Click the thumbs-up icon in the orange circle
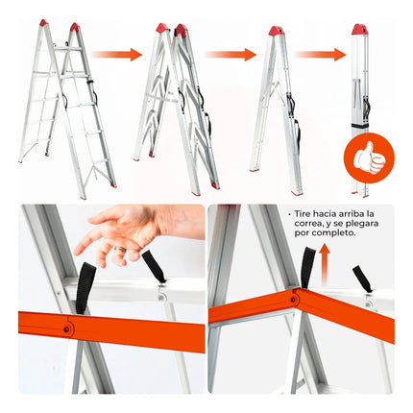[x=369, y=158]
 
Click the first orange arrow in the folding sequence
[x=117, y=55]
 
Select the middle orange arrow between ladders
[x=231, y=55]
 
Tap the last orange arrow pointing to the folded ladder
[x=321, y=55]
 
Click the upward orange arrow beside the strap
[x=325, y=264]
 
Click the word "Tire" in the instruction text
[x=303, y=213]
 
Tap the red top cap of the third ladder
[x=277, y=31]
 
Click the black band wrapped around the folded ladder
[x=360, y=126]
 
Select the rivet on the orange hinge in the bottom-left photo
[x=66, y=329]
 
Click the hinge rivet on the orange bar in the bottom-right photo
[x=293, y=300]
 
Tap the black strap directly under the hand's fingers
[x=85, y=287]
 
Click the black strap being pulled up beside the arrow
[x=308, y=268]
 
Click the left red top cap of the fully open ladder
[x=43, y=23]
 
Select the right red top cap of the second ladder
[x=182, y=29]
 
